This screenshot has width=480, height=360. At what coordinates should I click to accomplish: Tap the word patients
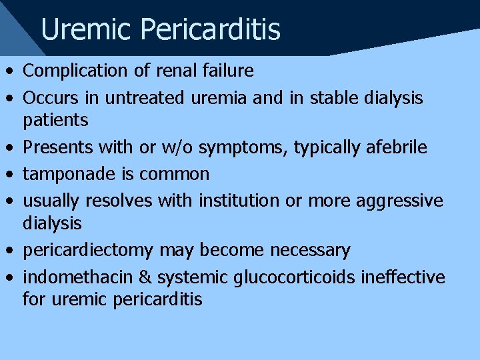tap(55, 120)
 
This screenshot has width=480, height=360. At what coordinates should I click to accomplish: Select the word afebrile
tap(397, 147)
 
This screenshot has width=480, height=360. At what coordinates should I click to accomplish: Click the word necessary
tap(311, 250)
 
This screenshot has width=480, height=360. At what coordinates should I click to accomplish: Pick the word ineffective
tap(403, 277)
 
